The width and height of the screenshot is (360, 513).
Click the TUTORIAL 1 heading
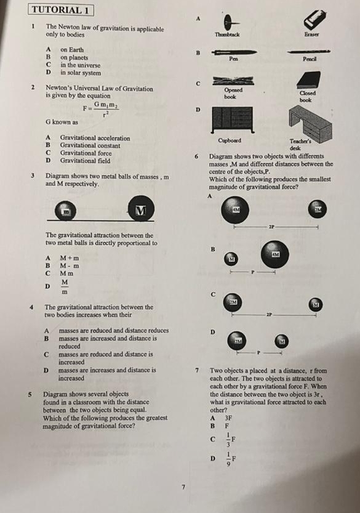[62, 10]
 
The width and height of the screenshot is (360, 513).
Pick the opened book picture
[230, 81]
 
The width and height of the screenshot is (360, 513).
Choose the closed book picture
[306, 80]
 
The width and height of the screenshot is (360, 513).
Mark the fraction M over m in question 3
[63, 286]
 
